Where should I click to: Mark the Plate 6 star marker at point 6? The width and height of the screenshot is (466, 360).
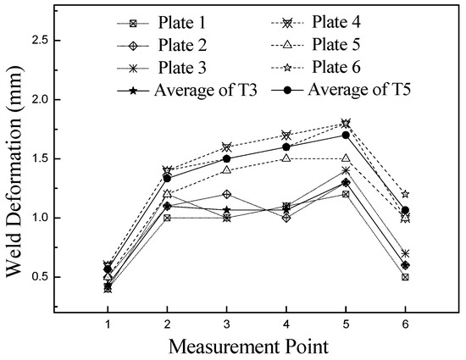click(406, 194)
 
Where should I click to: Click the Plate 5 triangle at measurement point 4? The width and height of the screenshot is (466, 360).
click(286, 158)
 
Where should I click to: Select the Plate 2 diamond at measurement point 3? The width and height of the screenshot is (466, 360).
click(227, 194)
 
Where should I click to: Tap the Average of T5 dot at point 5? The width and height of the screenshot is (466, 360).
click(346, 135)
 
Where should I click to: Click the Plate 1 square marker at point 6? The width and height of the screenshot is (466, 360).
click(406, 277)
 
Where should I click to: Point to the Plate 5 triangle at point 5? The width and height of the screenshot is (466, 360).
click(346, 158)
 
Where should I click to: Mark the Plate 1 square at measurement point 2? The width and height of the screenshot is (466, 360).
click(167, 218)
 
